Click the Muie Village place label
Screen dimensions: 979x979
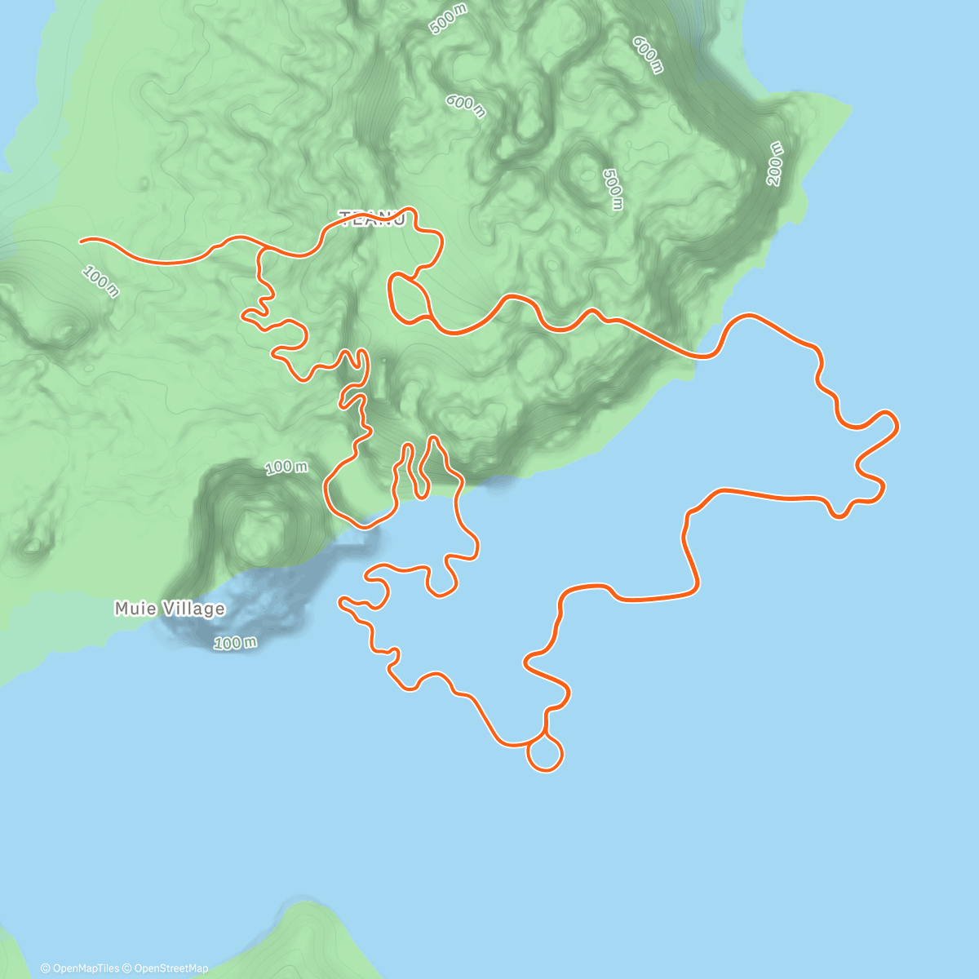pyautogui.click(x=170, y=609)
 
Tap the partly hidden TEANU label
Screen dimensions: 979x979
pyautogui.click(x=371, y=219)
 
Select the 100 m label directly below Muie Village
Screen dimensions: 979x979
pyautogui.click(x=235, y=643)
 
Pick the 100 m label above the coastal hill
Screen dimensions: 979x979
pyautogui.click(x=286, y=467)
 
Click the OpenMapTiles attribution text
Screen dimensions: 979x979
pyautogui.click(x=79, y=968)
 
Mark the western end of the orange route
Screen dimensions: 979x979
pyautogui.click(x=80, y=241)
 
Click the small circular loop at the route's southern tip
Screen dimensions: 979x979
pyautogui.click(x=545, y=752)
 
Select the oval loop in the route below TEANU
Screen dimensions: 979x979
pyautogui.click(x=410, y=297)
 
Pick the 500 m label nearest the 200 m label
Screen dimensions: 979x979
pyautogui.click(x=613, y=188)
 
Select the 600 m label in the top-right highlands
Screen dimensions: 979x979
pyautogui.click(x=647, y=55)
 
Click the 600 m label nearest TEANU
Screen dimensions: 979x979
pyautogui.click(x=465, y=105)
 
